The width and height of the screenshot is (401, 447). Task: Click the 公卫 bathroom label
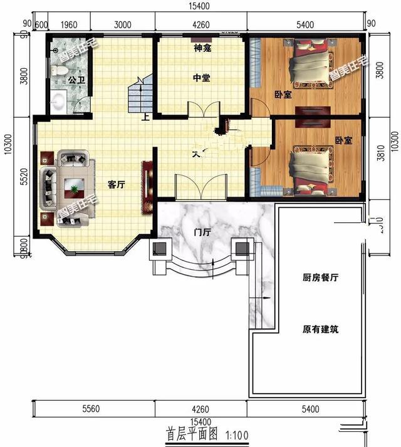[x=76, y=81]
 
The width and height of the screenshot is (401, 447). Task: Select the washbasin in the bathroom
[x=58, y=101]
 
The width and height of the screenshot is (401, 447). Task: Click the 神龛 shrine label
[x=201, y=48]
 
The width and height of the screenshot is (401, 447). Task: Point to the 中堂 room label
[x=201, y=78]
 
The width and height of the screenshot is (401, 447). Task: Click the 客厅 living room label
[x=117, y=185]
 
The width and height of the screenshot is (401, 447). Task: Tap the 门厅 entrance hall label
[x=202, y=233]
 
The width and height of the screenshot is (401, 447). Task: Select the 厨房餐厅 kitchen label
[x=320, y=279]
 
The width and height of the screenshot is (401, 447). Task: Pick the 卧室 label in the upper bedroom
[x=283, y=95]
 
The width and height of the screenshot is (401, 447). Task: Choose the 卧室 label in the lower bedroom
[x=343, y=141]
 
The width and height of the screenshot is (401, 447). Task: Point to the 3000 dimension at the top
[x=123, y=25]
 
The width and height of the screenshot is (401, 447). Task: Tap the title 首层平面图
[x=191, y=433]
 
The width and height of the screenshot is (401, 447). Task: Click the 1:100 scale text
[x=235, y=434]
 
